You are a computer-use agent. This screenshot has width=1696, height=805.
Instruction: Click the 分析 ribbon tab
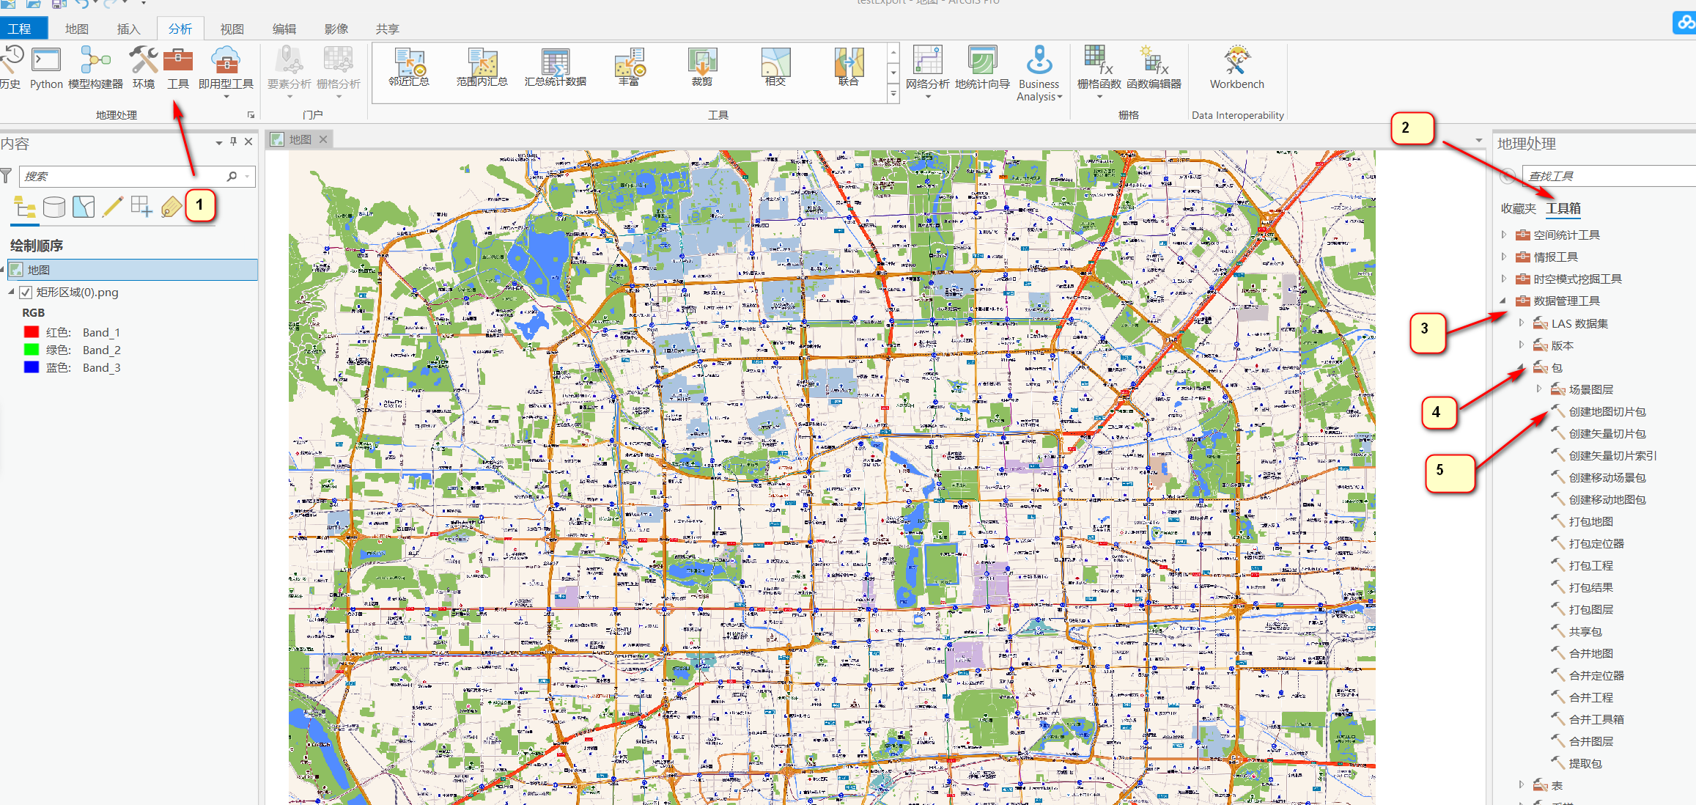[x=180, y=29]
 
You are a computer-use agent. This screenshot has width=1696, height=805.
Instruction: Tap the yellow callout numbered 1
[x=199, y=205]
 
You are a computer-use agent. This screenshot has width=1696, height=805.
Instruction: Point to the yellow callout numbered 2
[x=1405, y=128]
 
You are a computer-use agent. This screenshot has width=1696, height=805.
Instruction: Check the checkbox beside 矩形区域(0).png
[x=26, y=293]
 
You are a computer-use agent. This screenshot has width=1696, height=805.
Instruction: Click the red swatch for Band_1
[x=32, y=332]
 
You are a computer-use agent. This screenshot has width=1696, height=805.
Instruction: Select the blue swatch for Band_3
[x=32, y=367]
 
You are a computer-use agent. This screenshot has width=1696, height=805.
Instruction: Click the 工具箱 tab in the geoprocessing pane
[x=1563, y=209]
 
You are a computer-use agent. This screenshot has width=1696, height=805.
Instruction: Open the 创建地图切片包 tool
[x=1607, y=412]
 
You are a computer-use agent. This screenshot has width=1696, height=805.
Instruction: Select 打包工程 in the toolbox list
[x=1590, y=566]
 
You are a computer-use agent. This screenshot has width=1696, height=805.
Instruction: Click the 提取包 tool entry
[x=1585, y=764]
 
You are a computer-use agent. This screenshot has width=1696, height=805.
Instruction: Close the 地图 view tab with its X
[x=323, y=139]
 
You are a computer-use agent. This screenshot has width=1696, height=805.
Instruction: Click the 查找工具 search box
[x=1605, y=177]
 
